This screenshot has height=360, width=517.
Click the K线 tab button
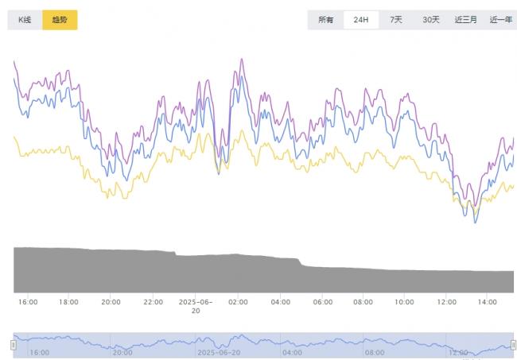(24, 20)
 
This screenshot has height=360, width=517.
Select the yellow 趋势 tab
(60, 20)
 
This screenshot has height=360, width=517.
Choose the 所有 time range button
(326, 20)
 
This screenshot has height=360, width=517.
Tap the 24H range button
(360, 20)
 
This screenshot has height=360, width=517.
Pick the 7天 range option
(395, 20)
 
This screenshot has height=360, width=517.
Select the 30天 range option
(430, 20)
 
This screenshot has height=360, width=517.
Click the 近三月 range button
(466, 20)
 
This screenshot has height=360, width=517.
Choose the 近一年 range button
(500, 20)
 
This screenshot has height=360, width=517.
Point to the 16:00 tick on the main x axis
(28, 302)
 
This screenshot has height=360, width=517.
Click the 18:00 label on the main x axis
(69, 302)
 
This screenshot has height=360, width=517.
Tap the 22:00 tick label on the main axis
(154, 302)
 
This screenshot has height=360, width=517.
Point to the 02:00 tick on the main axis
(238, 302)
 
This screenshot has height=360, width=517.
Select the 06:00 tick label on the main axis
(322, 302)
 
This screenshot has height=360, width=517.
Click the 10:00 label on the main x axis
(406, 302)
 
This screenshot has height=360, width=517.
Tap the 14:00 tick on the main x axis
(489, 302)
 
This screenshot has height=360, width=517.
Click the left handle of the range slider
(13, 345)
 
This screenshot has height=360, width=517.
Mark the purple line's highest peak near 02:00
(241, 59)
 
